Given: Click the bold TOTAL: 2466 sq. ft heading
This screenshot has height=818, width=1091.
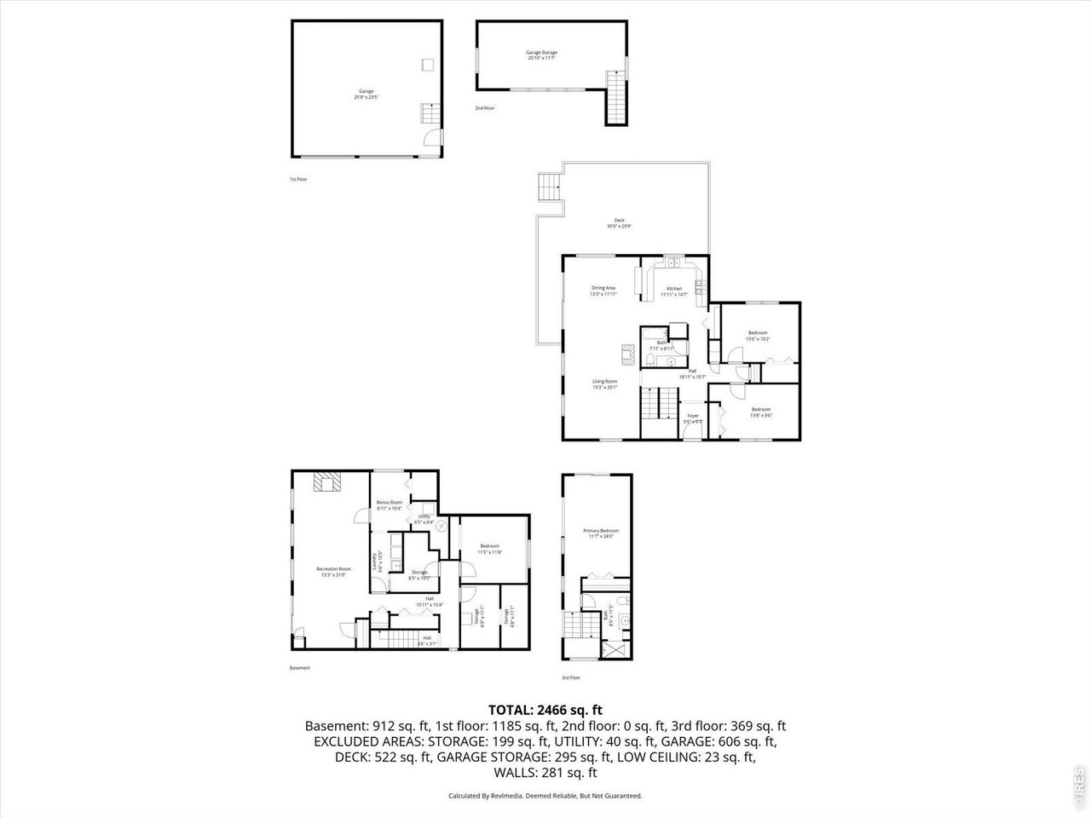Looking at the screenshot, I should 545,710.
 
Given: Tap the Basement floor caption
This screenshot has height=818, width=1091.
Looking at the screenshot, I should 300,668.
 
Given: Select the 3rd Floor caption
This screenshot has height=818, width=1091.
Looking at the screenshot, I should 570,677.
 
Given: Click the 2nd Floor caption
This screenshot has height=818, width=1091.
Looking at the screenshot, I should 484,108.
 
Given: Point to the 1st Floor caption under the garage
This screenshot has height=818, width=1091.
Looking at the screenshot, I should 298,180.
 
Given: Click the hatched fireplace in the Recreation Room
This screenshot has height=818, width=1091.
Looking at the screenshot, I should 326,483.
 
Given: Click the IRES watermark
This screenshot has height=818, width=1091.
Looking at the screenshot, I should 1079,786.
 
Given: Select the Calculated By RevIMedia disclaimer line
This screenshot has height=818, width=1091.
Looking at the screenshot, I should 545,796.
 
